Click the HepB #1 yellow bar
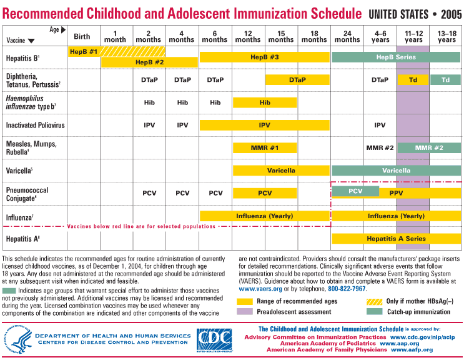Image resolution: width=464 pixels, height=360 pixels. pyautogui.click(x=84, y=51)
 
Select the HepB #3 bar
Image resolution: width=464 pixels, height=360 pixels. pyautogui.click(x=264, y=57)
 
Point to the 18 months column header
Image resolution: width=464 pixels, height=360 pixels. pyautogui.click(x=314, y=36)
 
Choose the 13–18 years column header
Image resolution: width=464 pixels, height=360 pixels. pyautogui.click(x=447, y=36)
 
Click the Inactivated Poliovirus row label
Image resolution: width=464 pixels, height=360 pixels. pyautogui.click(x=35, y=126)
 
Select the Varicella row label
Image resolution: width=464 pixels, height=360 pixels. pyautogui.click(x=19, y=169)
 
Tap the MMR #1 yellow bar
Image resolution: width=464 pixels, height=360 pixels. pyautogui.click(x=265, y=148)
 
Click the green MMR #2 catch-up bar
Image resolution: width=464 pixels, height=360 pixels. pyautogui.click(x=429, y=148)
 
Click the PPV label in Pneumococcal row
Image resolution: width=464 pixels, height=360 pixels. pyautogui.click(x=396, y=194)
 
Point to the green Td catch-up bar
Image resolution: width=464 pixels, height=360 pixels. pyautogui.click(x=445, y=80)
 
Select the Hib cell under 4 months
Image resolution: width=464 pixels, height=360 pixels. pyautogui.click(x=182, y=102)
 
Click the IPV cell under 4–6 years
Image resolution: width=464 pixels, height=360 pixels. pyautogui.click(x=380, y=126)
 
